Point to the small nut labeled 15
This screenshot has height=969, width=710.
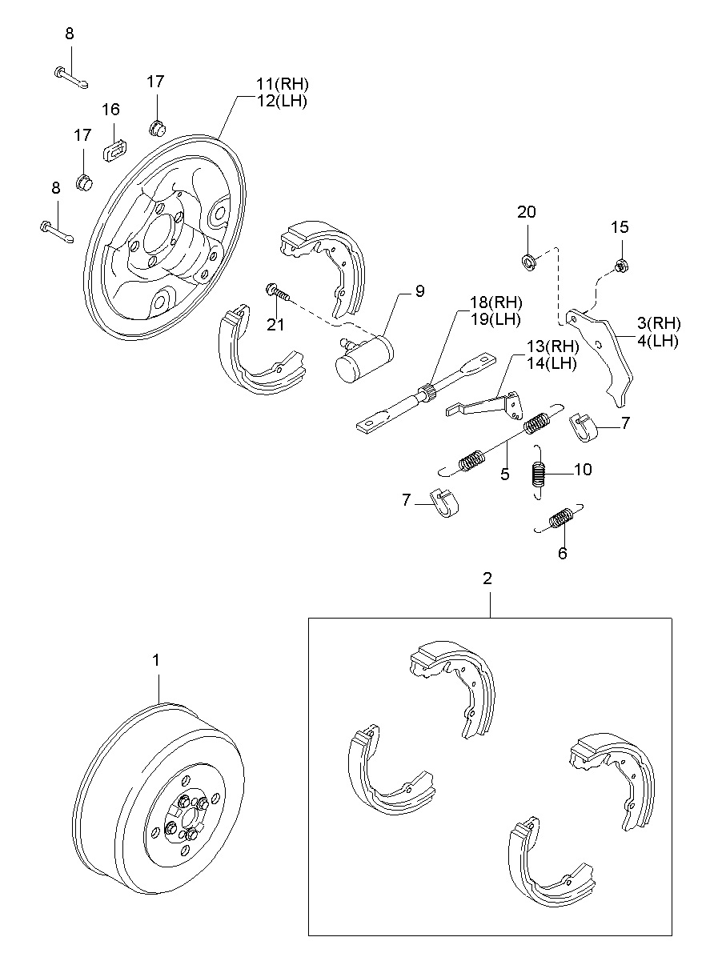pyautogui.click(x=620, y=266)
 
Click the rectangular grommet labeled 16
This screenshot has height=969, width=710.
pyautogui.click(x=117, y=148)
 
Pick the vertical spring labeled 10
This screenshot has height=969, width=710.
pyautogui.click(x=540, y=475)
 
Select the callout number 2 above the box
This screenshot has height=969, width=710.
pyautogui.click(x=487, y=578)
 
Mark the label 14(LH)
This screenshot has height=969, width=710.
pyautogui.click(x=551, y=363)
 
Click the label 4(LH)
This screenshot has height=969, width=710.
pyautogui.click(x=659, y=341)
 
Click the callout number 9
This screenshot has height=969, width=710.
pyautogui.click(x=419, y=291)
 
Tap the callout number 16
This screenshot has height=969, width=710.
pyautogui.click(x=110, y=110)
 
